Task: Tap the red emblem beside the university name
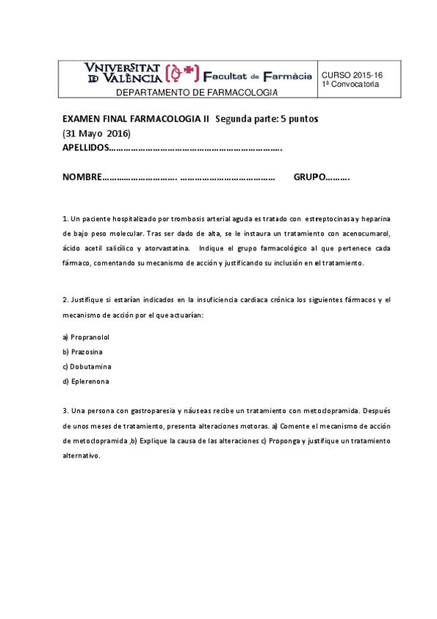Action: tap(183, 74)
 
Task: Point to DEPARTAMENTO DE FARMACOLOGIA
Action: tap(197, 93)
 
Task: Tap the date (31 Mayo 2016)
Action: tap(96, 134)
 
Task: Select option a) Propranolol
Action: tap(86, 337)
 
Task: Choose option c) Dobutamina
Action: tap(87, 366)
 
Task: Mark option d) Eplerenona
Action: tap(86, 381)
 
